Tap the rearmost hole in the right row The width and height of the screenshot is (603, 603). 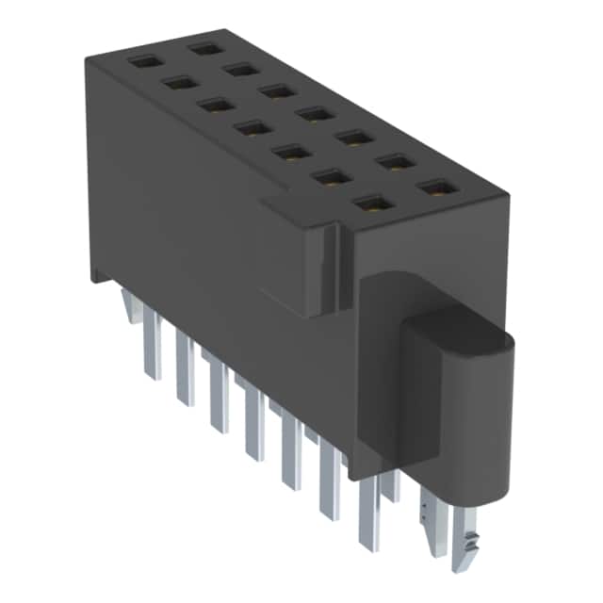point(204,46)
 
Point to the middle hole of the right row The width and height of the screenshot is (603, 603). point(312,113)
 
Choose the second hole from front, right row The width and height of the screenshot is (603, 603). point(396,163)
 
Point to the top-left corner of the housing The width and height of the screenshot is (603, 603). point(87,58)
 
